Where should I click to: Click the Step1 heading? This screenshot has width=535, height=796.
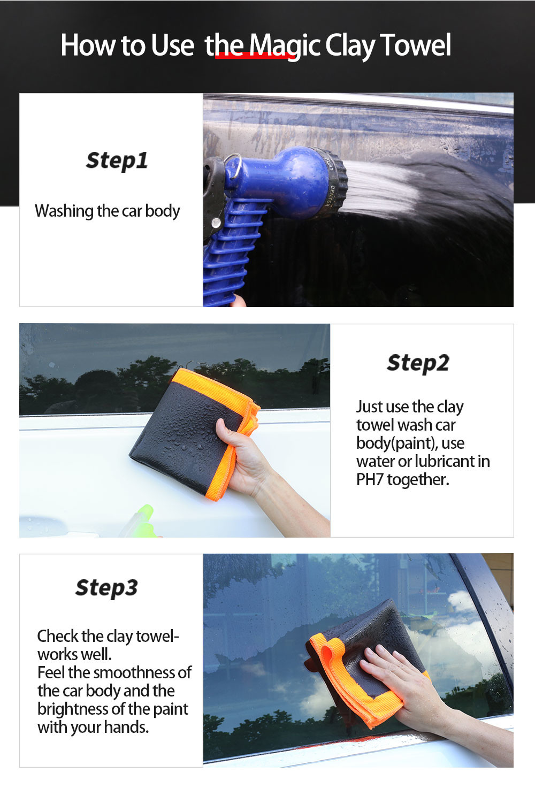coord(117,160)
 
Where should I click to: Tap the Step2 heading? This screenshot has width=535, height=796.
coord(418,363)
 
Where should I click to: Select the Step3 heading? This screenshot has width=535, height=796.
coord(106,588)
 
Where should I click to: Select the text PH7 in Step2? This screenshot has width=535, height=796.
coord(370,480)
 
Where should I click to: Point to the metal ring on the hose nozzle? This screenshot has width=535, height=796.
coord(234,166)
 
